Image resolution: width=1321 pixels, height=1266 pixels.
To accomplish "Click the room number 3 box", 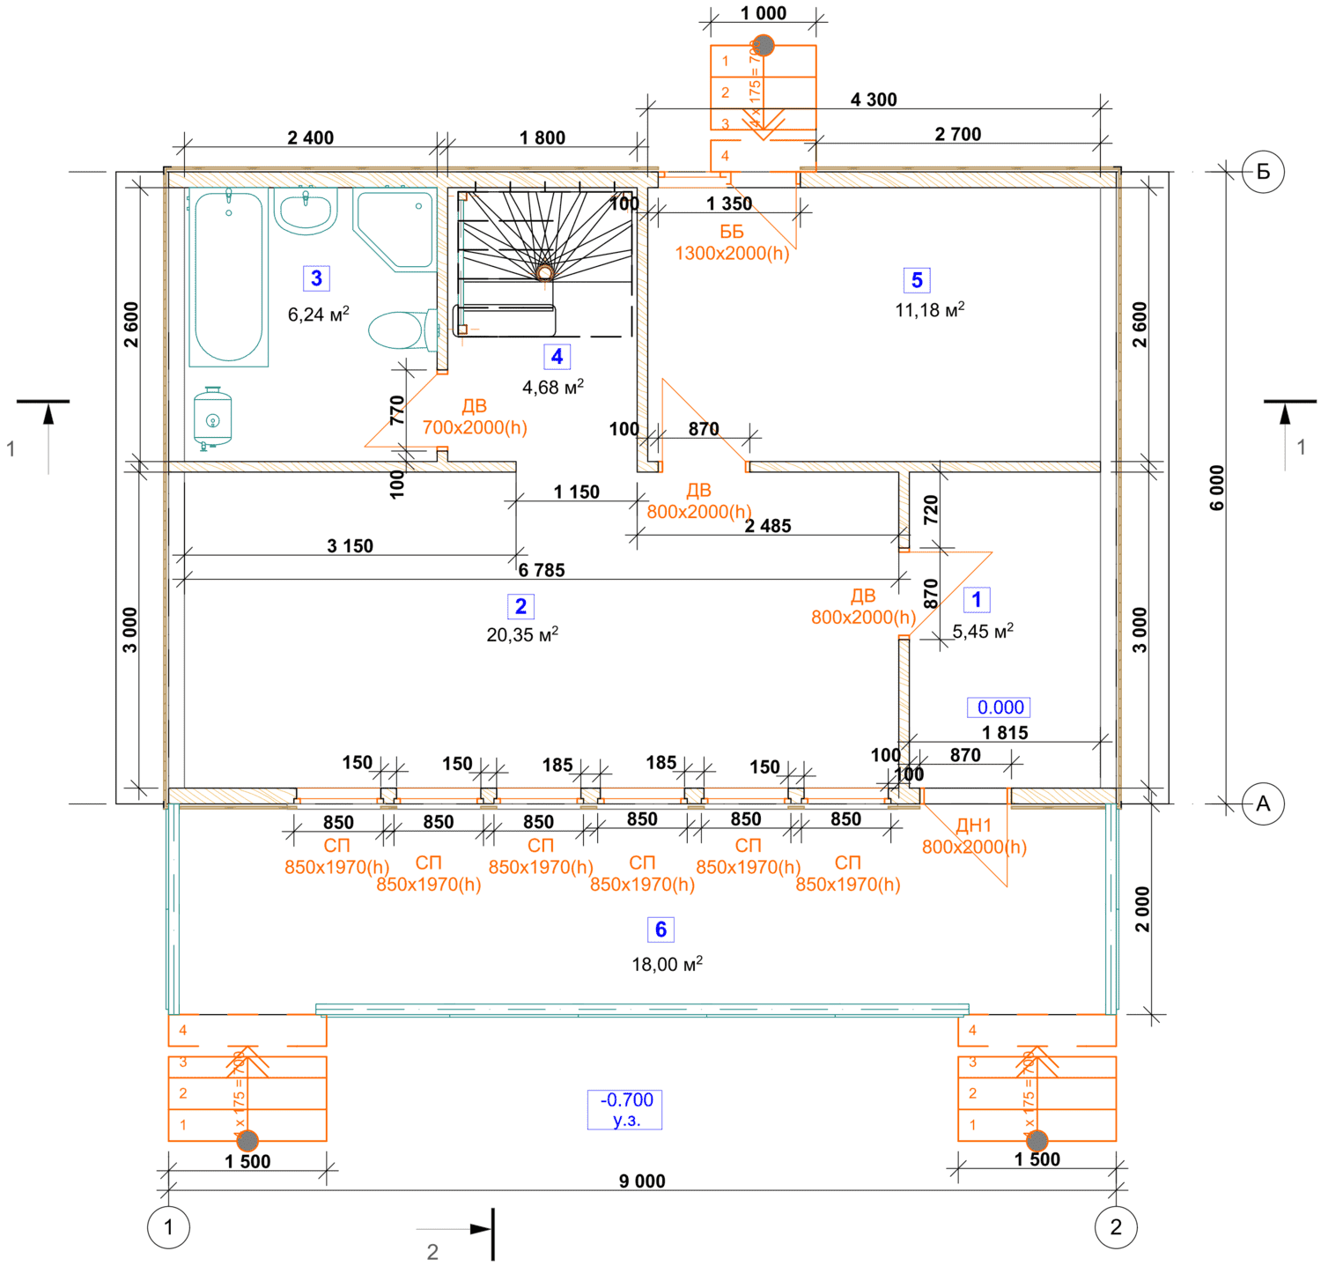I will point(316,278).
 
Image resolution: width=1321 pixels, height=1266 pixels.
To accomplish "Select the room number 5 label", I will point(917,280).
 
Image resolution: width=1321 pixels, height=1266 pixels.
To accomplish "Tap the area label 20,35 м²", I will point(522,634).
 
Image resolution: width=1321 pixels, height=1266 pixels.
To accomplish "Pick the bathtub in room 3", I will point(228,277).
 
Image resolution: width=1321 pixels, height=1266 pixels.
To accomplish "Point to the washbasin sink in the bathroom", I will point(306,211).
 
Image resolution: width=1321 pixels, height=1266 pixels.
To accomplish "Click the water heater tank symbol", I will point(212,418).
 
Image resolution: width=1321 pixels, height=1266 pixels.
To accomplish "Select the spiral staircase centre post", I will point(545,273).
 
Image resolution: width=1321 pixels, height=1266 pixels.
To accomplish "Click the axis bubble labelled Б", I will point(1263,171).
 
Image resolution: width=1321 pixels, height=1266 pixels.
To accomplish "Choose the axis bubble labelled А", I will point(1263,803).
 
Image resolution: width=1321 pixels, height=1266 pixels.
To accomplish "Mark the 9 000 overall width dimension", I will point(642,1181).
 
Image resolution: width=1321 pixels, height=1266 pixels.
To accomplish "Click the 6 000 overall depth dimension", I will point(1217,487).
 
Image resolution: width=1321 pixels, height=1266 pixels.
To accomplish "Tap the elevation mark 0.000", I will point(1000,707).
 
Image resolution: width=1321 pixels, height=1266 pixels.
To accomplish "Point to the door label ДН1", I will point(974,826).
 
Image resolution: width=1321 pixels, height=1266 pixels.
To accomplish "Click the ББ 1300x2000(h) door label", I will point(732,242).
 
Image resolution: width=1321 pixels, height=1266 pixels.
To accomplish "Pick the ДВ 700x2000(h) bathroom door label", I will point(475,417).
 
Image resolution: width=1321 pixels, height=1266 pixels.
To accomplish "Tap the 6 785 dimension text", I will point(541,570).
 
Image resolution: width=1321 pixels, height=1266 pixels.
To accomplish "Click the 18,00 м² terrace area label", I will point(667,965).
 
